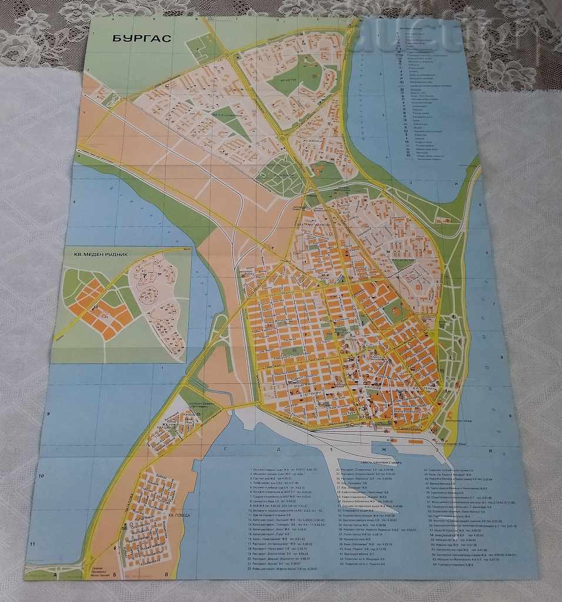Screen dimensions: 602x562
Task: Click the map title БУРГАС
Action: (x=141, y=39)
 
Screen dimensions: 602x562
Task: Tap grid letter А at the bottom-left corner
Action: (x=55, y=575)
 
